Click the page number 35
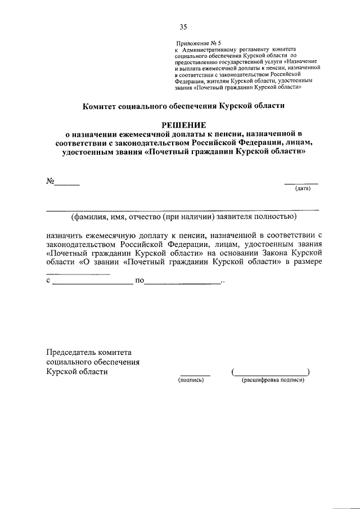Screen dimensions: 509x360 click(183, 26)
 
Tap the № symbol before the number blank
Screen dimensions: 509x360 click(49, 181)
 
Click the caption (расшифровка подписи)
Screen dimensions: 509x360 click(273, 380)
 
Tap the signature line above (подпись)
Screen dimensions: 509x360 click(195, 375)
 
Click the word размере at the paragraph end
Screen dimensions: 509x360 click(307, 262)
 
